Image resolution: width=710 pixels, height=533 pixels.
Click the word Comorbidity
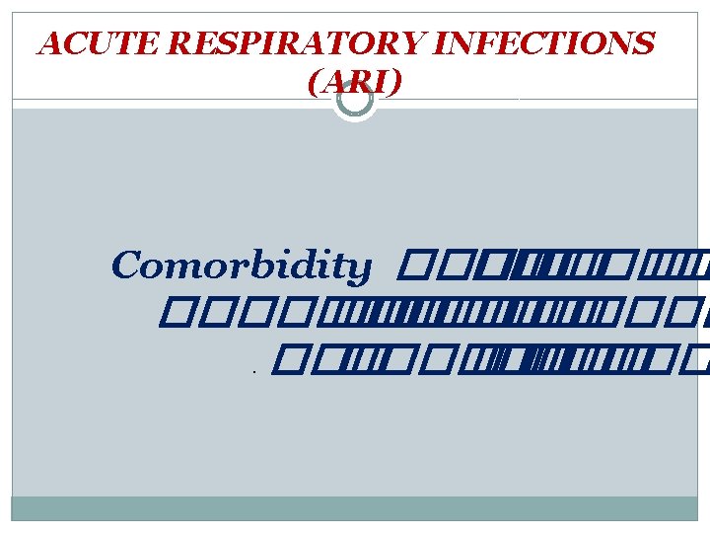click(x=242, y=266)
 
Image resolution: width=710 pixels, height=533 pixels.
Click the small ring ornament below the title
click(x=354, y=99)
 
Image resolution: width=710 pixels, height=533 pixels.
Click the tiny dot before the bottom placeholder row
click(x=253, y=373)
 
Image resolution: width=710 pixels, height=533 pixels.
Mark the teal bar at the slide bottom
click(x=355, y=507)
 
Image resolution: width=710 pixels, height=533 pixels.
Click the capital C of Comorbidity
click(x=126, y=266)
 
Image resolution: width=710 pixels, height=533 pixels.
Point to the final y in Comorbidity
click(x=361, y=268)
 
